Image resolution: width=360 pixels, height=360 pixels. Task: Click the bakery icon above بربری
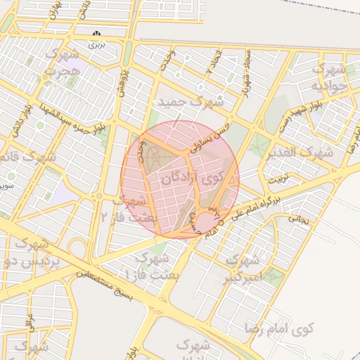pos(98,34)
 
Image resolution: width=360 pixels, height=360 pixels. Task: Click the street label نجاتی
pos(298,219)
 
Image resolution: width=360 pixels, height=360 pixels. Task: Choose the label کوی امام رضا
pos(279,328)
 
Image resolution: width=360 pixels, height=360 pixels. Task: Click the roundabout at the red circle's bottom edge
pos(203,225)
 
